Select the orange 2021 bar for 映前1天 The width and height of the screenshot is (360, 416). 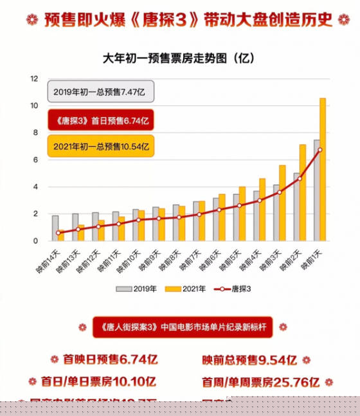point(323,170)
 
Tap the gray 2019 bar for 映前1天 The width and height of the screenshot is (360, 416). point(316,190)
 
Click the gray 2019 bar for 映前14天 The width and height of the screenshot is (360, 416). point(55,228)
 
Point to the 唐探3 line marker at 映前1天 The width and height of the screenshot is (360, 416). point(319,150)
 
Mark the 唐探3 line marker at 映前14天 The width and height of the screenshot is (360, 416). point(59,233)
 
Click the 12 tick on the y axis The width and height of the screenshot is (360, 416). point(34,78)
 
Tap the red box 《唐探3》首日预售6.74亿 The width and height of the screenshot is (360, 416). point(101,120)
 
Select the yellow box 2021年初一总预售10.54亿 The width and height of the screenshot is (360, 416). point(101,147)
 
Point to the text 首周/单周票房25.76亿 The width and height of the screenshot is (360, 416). point(260,381)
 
